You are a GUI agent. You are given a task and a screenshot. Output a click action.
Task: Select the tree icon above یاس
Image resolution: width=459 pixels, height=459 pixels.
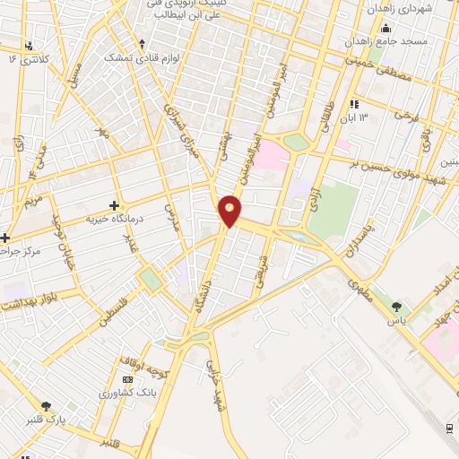pyautogui.click(x=396, y=307)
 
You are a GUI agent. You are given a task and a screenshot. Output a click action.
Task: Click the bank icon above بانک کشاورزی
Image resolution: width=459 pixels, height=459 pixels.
pyautogui.click(x=125, y=380)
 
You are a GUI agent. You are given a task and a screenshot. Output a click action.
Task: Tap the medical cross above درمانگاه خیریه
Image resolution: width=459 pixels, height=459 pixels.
pyautogui.click(x=114, y=205)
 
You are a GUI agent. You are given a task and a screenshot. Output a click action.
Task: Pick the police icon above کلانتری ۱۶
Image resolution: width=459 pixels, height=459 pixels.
pyautogui.click(x=32, y=45)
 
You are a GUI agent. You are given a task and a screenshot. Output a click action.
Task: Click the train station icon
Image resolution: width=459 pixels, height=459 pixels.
pyautogui.click(x=450, y=426)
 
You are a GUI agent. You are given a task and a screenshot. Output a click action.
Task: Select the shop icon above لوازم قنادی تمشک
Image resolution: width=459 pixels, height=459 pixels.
pyautogui.click(x=142, y=43)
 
